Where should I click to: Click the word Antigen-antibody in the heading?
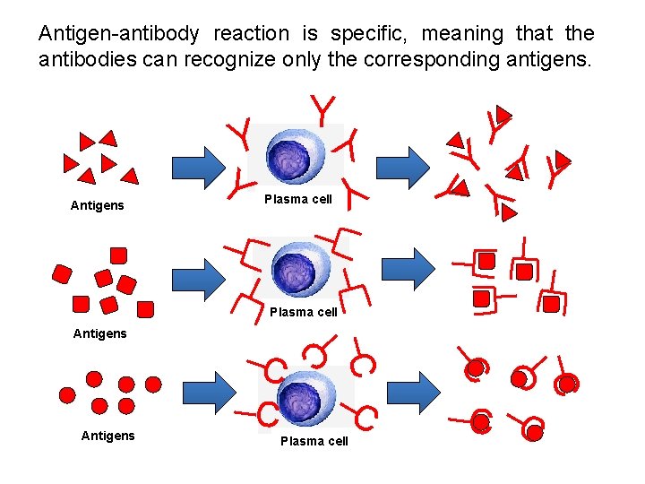(x=119, y=34)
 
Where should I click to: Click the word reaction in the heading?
(x=252, y=34)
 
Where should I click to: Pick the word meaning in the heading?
(x=462, y=34)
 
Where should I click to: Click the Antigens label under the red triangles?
(x=97, y=206)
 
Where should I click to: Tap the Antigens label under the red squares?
(x=99, y=333)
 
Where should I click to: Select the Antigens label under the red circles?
(x=107, y=436)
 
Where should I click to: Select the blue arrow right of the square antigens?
(x=199, y=279)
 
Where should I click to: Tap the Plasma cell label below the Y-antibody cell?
(x=298, y=199)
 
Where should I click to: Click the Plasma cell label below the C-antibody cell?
(x=314, y=441)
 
